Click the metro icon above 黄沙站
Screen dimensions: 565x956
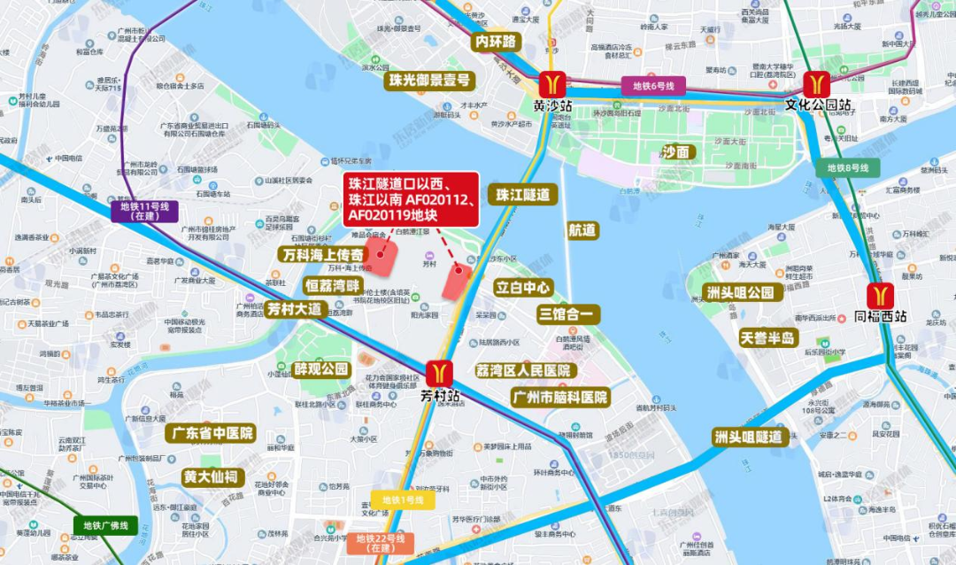(553, 84)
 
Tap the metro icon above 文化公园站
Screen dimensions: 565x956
(816, 84)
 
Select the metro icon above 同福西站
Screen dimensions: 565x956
(880, 294)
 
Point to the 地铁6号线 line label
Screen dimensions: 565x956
(653, 86)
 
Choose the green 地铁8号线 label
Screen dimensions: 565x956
(848, 167)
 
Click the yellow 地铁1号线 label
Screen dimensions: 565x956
(403, 500)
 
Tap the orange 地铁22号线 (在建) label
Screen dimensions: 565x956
(381, 543)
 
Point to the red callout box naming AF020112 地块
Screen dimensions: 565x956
(412, 199)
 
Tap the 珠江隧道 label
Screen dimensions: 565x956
(522, 195)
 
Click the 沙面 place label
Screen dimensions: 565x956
(678, 151)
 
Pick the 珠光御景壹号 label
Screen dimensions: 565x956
(428, 81)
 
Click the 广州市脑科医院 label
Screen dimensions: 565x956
(560, 398)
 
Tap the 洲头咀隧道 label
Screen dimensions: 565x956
(749, 437)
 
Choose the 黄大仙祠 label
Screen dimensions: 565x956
(211, 477)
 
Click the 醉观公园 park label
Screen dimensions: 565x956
(322, 368)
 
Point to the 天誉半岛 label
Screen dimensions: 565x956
(769, 337)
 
